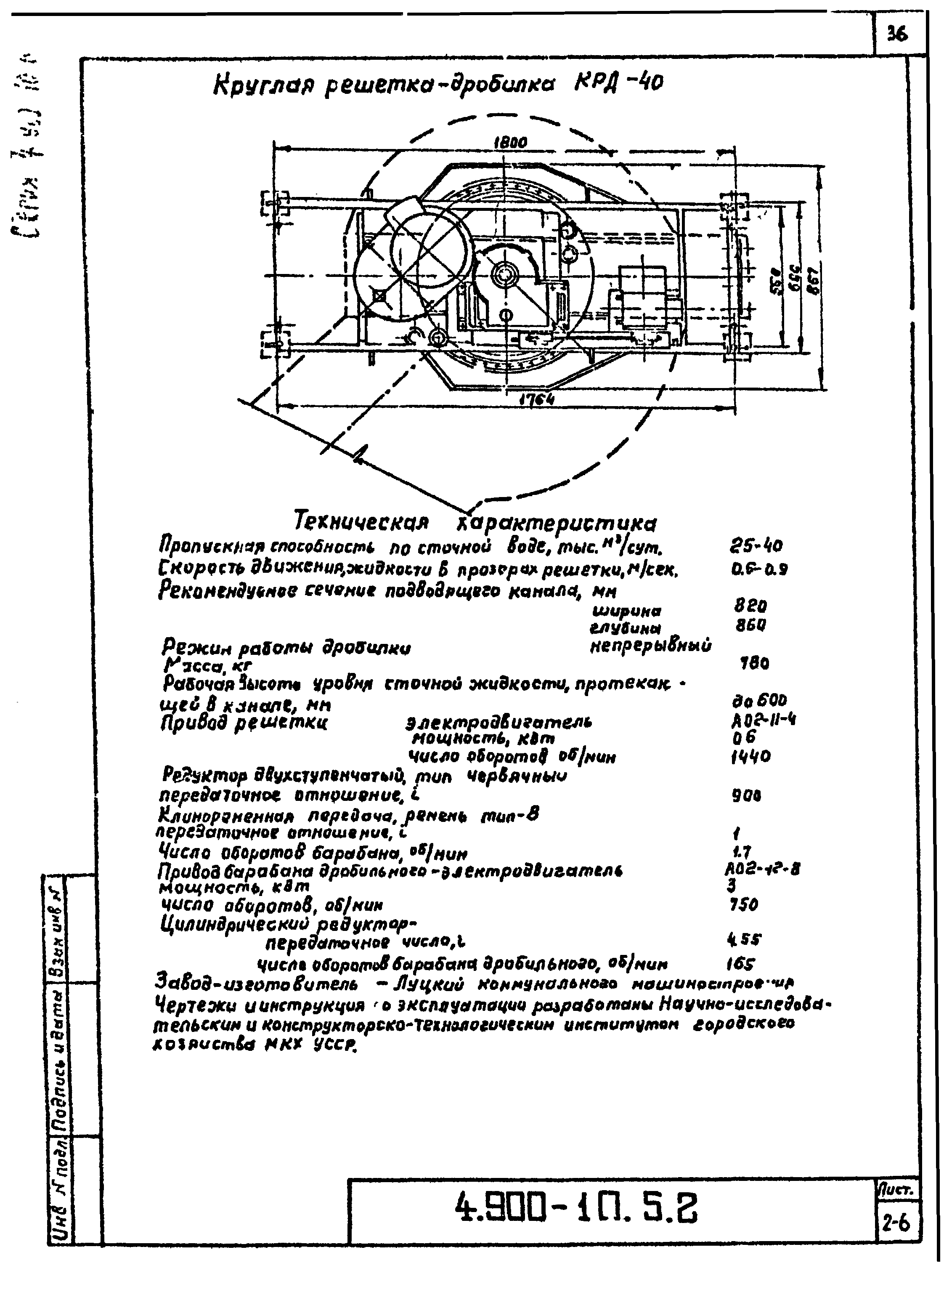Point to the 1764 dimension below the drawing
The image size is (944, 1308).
(536, 399)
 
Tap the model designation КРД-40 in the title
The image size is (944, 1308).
(618, 84)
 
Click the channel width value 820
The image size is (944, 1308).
(750, 606)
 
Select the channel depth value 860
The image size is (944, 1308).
(750, 625)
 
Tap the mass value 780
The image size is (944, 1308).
(754, 664)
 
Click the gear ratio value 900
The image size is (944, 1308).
(746, 796)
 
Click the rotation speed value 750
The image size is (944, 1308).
(743, 905)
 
